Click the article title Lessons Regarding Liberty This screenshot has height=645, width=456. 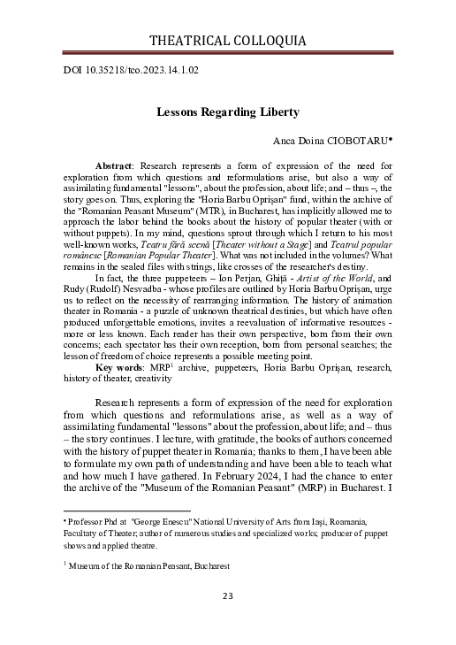[x=227, y=112]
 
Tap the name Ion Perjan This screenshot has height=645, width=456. [x=232, y=278]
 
